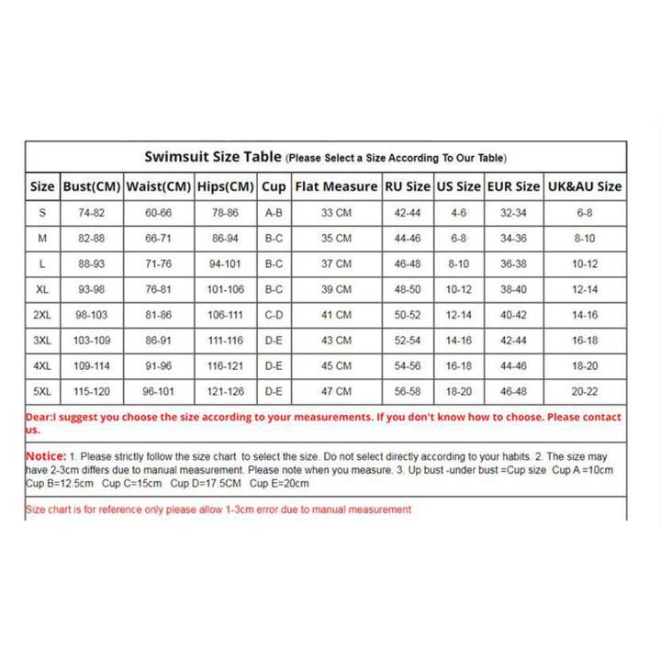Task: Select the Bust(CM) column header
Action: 92,186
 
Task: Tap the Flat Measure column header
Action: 335,186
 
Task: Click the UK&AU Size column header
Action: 585,186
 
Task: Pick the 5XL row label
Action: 43,391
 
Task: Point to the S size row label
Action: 43,212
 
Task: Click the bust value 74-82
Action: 92,212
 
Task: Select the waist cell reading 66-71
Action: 158,238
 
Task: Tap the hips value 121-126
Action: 226,391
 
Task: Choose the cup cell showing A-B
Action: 274,212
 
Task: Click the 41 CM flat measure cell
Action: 335,315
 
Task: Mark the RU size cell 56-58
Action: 407,391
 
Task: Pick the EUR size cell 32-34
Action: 513,212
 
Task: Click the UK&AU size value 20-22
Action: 585,391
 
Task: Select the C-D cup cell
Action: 274,315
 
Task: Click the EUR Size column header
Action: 513,186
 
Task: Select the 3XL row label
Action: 43,341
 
